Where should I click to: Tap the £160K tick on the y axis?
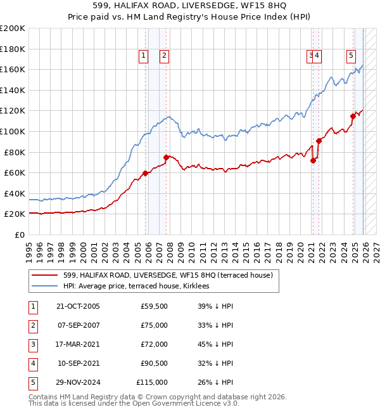coord(13,69)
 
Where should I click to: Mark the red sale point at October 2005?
coord(146,173)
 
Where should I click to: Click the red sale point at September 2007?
coord(166,157)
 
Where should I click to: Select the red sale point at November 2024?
coord(353,115)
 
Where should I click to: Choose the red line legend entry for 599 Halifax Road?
coord(168,275)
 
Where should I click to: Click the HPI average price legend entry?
coord(141,286)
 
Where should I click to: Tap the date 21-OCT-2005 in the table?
coord(78,306)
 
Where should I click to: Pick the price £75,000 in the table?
coord(155,325)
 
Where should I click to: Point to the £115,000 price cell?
coord(153,382)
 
